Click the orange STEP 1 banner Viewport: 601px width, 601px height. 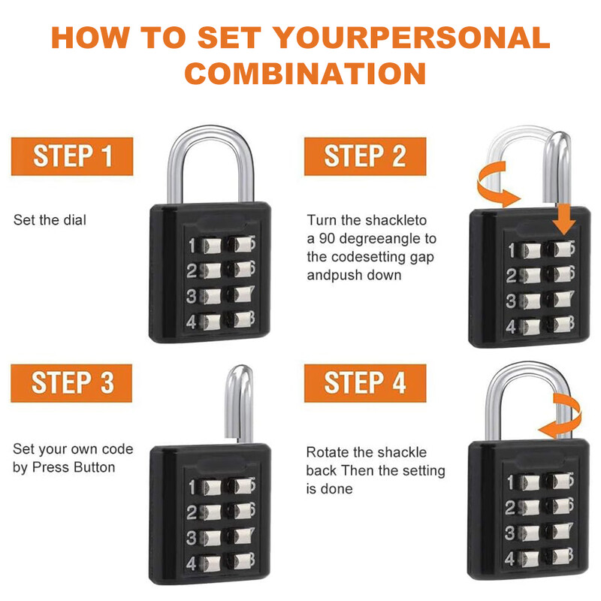[x=72, y=156]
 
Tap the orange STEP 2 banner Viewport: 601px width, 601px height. [x=365, y=156]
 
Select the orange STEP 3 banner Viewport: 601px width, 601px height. [x=71, y=383]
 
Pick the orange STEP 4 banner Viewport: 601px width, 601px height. [x=365, y=383]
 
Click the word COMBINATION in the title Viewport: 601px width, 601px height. [x=305, y=73]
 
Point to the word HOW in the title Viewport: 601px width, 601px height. [x=90, y=37]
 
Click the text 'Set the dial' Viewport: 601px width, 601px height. [x=50, y=220]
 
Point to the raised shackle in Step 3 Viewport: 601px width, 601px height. [x=238, y=403]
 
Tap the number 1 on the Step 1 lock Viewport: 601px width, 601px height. [x=192, y=246]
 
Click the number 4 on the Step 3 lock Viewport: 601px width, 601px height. [x=191, y=564]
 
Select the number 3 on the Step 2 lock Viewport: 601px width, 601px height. [x=511, y=301]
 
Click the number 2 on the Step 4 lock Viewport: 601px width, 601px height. [x=510, y=508]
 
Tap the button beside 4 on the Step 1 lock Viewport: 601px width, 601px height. [x=212, y=322]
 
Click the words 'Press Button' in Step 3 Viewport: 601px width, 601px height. [x=74, y=467]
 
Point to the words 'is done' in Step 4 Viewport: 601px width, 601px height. [x=329, y=489]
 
